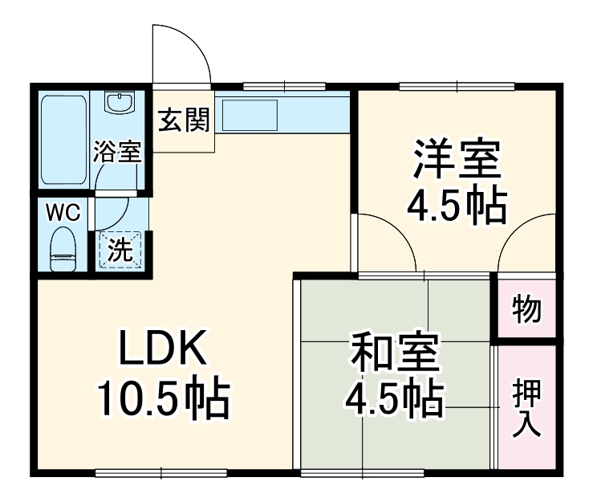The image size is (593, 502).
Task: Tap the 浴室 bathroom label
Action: click(117, 151)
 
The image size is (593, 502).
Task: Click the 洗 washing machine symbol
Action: click(120, 250)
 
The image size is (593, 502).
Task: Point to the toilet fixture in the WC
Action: click(63, 249)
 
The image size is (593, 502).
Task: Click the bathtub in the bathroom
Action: click(63, 139)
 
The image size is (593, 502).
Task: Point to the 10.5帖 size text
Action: click(164, 398)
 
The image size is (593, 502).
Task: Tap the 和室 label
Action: click(393, 354)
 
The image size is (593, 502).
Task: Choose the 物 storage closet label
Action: click(526, 308)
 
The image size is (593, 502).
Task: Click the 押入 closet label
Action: click(527, 407)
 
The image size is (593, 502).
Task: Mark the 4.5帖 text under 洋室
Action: click(457, 206)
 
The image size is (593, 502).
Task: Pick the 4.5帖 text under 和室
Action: click(393, 397)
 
